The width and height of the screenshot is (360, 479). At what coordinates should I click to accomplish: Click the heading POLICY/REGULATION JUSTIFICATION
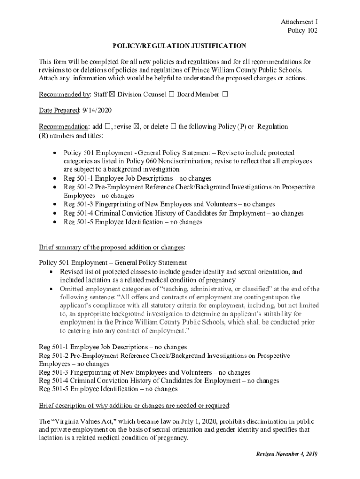click(x=179, y=46)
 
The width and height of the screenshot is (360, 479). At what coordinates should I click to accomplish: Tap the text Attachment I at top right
click(x=299, y=22)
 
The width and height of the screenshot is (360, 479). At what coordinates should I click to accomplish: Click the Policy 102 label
click(x=302, y=31)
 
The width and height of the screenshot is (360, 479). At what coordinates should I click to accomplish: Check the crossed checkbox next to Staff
click(x=112, y=94)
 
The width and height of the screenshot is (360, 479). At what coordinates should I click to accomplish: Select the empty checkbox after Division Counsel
click(x=171, y=94)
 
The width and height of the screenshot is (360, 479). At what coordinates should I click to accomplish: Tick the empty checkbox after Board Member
click(x=225, y=94)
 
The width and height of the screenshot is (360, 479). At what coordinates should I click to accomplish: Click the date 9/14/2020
click(x=97, y=110)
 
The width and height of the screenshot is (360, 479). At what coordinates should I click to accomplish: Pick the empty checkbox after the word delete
click(x=173, y=127)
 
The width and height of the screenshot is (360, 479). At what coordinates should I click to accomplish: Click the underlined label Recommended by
click(x=64, y=94)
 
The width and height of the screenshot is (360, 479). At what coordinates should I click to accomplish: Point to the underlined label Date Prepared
click(x=59, y=110)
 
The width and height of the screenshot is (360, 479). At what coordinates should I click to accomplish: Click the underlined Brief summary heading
click(x=112, y=247)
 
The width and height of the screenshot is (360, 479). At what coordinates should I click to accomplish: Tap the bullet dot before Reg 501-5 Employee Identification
click(x=55, y=222)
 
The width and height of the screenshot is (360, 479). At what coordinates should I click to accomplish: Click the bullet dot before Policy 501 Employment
click(x=55, y=153)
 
